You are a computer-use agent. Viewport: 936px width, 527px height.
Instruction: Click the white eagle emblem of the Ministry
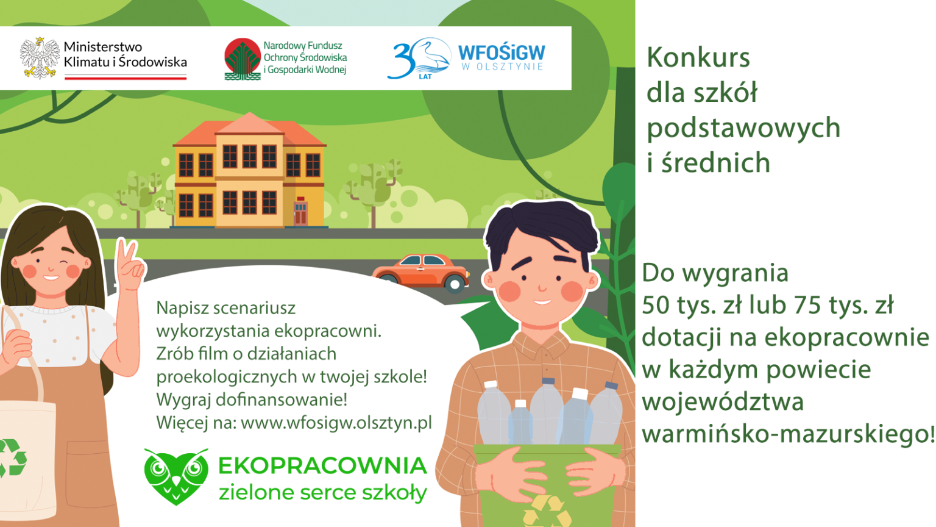[40, 58]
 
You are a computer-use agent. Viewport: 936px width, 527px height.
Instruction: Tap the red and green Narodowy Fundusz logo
[243, 59]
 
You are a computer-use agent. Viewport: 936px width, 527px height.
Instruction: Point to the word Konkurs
[698, 57]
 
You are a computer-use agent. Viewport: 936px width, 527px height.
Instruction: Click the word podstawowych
[743, 128]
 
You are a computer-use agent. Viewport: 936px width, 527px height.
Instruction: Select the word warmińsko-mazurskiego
[787, 434]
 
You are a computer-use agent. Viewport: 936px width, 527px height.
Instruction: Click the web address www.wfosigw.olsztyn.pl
[336, 423]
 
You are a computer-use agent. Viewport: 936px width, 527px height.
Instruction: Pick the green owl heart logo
[176, 476]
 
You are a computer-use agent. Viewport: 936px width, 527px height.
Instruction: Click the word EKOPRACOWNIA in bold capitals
[322, 466]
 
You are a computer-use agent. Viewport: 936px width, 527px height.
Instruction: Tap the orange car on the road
[421, 273]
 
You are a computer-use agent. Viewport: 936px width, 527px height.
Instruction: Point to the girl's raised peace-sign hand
[130, 265]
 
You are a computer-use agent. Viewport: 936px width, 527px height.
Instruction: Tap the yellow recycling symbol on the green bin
[547, 512]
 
